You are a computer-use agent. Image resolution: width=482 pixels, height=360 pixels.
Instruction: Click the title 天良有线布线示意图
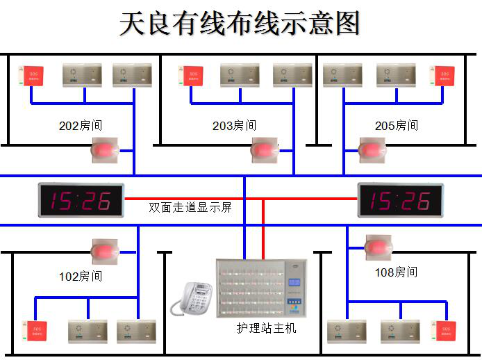240,24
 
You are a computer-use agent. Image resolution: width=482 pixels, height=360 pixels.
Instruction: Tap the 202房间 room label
81,126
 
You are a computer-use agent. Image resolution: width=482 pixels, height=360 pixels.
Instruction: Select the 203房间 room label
234,126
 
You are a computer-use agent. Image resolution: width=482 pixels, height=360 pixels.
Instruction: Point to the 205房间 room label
397,126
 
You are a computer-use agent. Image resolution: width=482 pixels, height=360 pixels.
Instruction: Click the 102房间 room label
81,276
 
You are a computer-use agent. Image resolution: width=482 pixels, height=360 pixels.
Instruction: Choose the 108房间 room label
397,272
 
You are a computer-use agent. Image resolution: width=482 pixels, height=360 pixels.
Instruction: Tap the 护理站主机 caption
266,327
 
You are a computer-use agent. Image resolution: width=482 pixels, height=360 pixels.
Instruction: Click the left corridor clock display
81,200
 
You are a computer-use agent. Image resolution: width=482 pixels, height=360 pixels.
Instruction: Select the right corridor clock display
400,200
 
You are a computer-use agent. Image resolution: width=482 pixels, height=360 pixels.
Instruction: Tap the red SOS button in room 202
32,76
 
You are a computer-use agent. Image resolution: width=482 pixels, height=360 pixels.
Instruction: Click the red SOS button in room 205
441,76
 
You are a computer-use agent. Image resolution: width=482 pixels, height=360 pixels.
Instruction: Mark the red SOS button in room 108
442,330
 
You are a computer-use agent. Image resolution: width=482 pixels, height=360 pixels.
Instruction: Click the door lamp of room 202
106,149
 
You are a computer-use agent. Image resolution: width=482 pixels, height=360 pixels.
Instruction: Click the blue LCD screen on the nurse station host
294,283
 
